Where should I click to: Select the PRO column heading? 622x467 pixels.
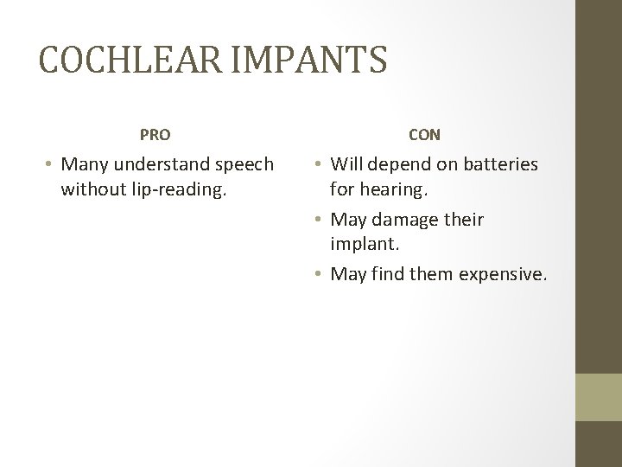coord(155,135)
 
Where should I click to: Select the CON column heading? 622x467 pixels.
coord(425,135)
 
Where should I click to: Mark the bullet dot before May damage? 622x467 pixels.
coord(318,221)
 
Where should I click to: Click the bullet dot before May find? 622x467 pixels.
coord(318,275)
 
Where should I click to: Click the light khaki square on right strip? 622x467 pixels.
coord(599,397)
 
